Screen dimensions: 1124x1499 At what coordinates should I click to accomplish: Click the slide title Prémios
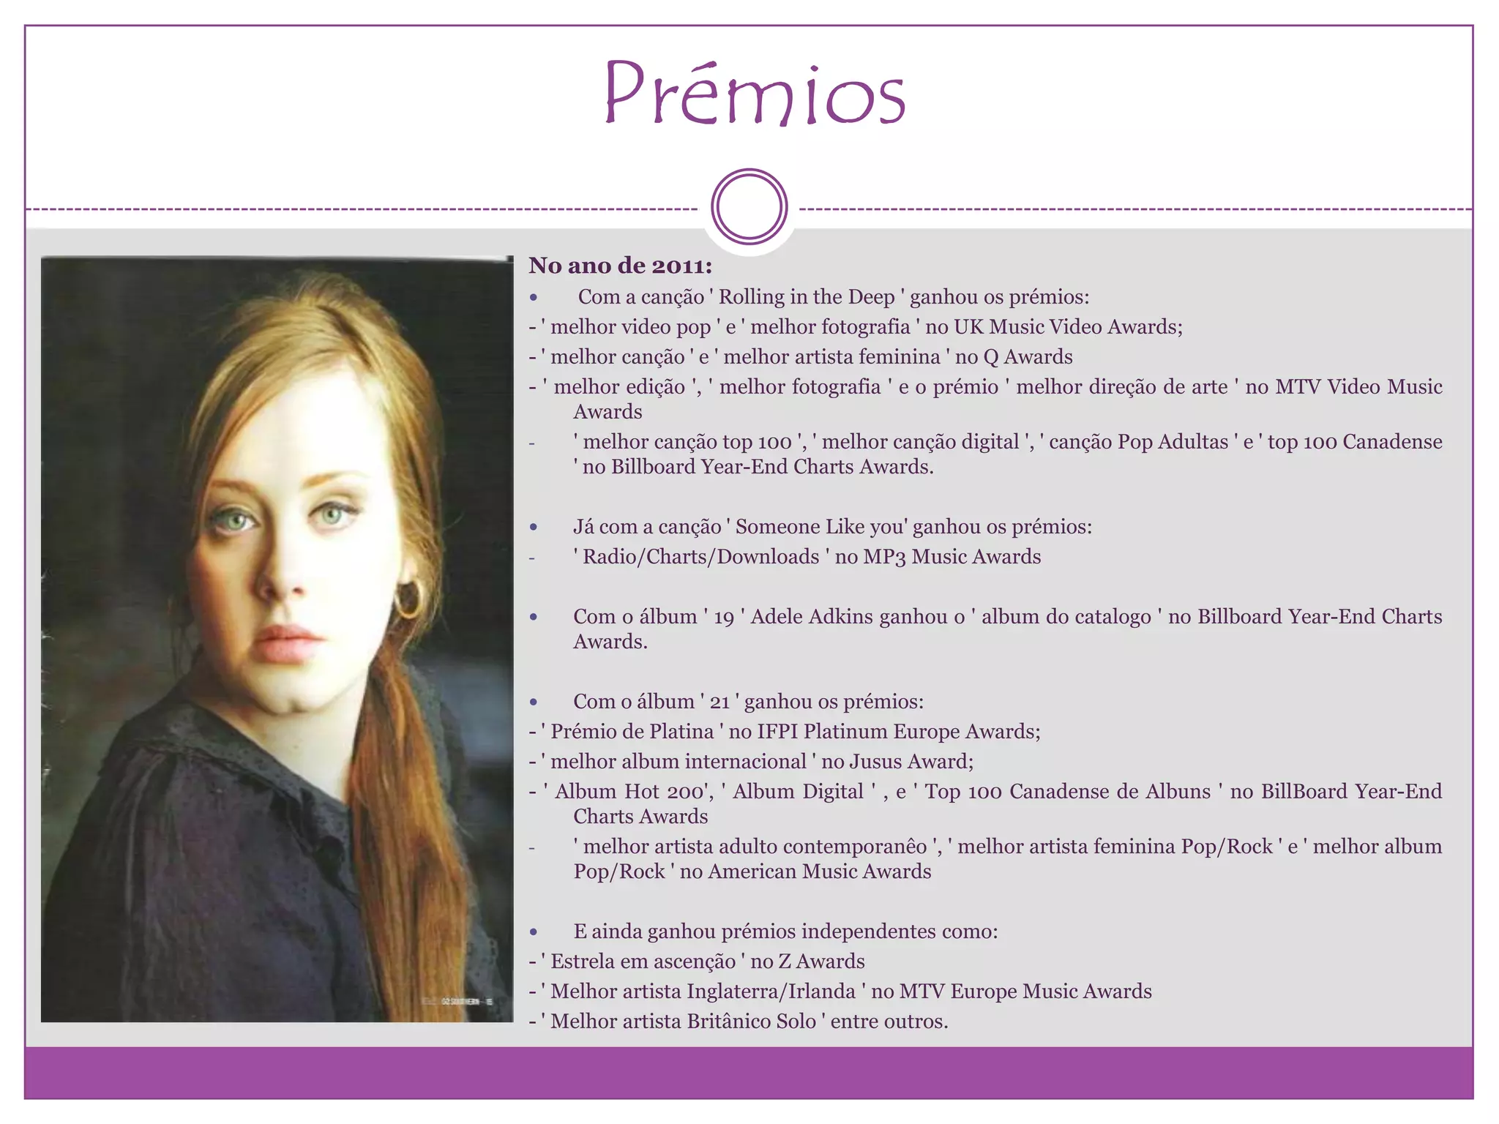point(754,94)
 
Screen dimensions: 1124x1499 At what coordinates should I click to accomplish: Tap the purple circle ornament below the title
point(749,207)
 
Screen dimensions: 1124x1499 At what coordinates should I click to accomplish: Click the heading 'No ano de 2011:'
point(620,266)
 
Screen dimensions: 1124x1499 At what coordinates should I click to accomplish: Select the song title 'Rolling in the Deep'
point(807,297)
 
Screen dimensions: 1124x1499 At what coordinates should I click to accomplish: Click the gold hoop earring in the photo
point(408,599)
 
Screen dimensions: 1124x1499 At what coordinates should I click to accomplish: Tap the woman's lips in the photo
point(288,643)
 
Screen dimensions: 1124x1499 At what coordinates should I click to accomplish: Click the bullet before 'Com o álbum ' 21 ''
point(534,702)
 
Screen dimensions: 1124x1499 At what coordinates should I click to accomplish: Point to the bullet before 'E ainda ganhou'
point(534,932)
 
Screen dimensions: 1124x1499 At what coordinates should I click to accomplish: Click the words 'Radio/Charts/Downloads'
point(700,557)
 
